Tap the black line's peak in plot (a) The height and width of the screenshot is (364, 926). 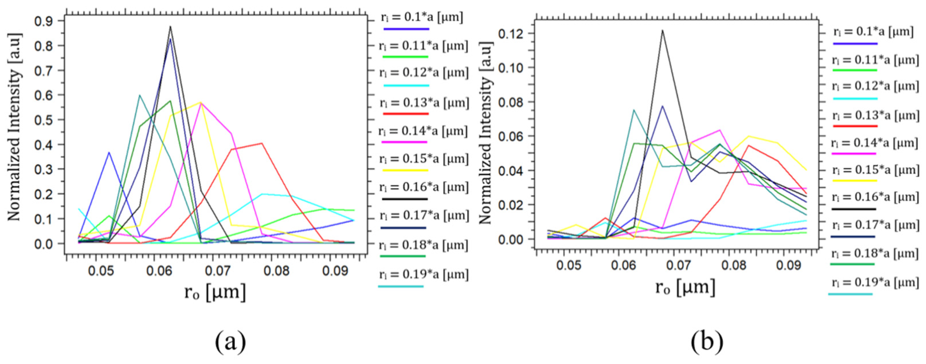click(x=171, y=26)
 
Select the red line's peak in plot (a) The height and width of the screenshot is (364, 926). click(x=262, y=143)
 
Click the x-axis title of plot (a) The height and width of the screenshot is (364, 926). click(x=215, y=292)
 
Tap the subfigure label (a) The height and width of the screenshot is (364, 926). click(x=230, y=341)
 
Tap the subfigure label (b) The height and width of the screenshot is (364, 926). click(x=707, y=341)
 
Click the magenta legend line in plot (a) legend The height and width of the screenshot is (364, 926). click(x=405, y=142)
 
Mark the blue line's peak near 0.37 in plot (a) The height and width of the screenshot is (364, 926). click(x=109, y=152)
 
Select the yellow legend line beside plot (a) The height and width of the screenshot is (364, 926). click(x=406, y=170)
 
